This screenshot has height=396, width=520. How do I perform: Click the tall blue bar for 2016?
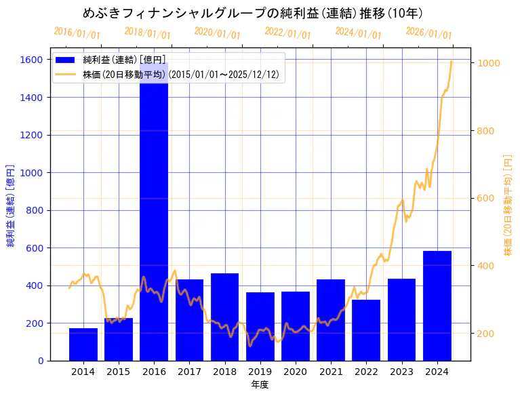(x=154, y=224)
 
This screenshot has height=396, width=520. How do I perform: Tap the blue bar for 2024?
(x=437, y=306)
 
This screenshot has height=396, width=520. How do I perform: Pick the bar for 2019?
(x=260, y=326)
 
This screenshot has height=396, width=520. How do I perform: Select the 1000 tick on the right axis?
(x=489, y=63)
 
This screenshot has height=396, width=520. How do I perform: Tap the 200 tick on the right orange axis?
(x=487, y=334)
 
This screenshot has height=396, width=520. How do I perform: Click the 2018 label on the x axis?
(x=224, y=372)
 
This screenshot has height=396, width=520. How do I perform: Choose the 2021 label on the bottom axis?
(x=331, y=372)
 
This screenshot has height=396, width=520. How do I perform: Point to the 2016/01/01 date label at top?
(x=77, y=33)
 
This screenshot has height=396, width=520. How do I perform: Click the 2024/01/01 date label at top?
(x=358, y=33)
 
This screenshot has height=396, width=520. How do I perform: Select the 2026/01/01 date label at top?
(x=428, y=33)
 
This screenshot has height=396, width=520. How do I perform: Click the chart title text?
(x=253, y=13)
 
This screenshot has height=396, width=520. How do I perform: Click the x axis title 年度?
(x=260, y=384)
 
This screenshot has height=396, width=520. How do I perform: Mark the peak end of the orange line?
(x=452, y=62)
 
